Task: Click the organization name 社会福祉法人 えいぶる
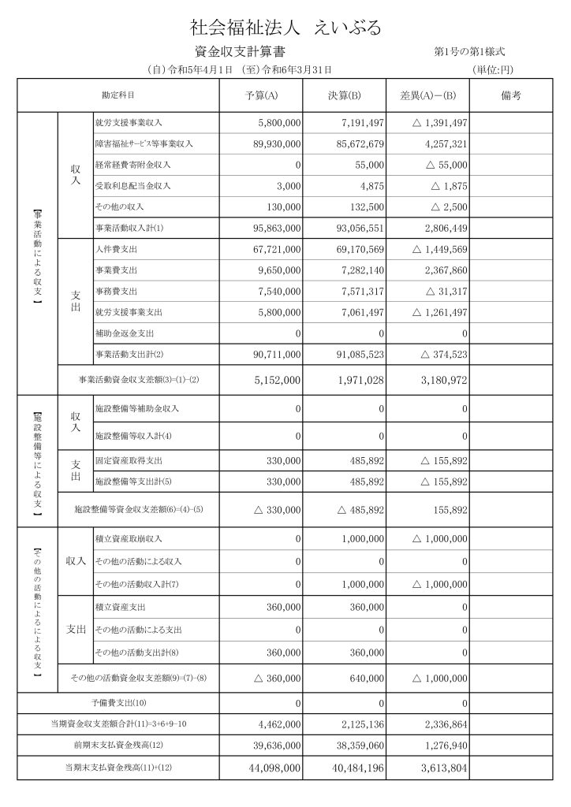click(286, 28)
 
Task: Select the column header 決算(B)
click(345, 96)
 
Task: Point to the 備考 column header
click(511, 96)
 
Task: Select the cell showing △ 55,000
click(440, 165)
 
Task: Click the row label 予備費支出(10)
click(119, 702)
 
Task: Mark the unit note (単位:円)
click(498, 70)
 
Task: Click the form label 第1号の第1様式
click(470, 52)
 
